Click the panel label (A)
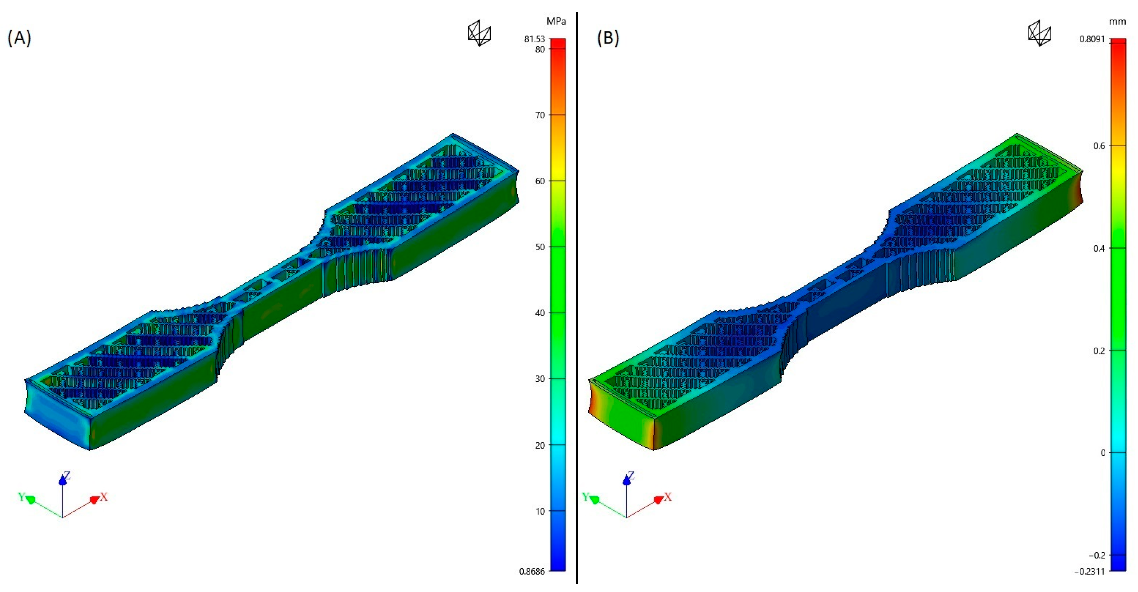[19, 38]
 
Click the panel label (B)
[608, 38]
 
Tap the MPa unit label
[556, 21]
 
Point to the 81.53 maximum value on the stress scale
[534, 39]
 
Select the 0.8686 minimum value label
[532, 571]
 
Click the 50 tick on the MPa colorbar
[540, 247]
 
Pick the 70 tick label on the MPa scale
[540, 115]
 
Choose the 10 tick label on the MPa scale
[540, 511]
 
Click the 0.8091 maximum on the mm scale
[1092, 39]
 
